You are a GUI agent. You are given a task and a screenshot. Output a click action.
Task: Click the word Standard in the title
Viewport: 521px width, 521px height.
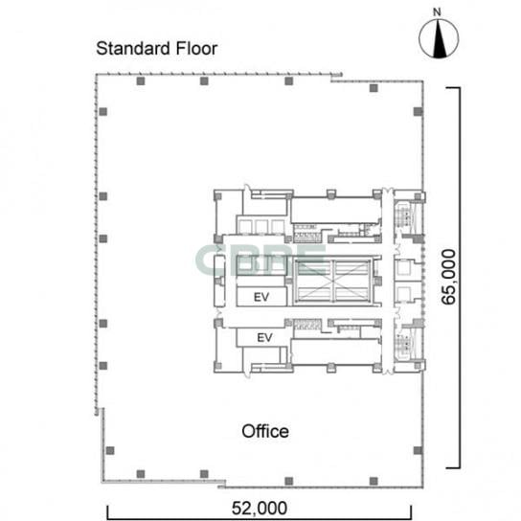tap(133, 49)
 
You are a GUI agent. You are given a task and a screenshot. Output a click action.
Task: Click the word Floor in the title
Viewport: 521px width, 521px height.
tap(196, 49)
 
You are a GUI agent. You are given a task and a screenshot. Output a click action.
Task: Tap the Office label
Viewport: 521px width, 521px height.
tap(265, 431)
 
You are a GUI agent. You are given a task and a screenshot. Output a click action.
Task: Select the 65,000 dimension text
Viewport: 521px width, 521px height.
tap(448, 277)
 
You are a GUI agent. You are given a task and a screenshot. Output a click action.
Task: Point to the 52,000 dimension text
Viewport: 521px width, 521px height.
tap(260, 508)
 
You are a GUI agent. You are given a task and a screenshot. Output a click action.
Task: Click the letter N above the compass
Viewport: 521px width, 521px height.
tap(437, 12)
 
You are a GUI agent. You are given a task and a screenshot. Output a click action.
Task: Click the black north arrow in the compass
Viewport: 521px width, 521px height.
tap(440, 38)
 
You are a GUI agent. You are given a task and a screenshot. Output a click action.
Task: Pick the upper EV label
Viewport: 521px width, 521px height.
tap(261, 297)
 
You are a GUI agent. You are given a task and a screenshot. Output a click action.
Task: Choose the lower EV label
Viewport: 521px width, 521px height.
tap(265, 337)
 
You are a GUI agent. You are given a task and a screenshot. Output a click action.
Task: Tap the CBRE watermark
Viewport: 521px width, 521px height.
tap(260, 260)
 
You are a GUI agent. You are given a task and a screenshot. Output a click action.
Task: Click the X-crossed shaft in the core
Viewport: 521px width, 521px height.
tap(333, 281)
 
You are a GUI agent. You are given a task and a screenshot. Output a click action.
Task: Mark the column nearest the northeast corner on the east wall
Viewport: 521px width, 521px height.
tap(418, 112)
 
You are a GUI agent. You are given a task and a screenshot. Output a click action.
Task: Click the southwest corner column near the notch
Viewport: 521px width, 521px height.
tap(110, 450)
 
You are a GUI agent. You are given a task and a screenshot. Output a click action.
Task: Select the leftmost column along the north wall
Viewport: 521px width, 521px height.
tap(141, 81)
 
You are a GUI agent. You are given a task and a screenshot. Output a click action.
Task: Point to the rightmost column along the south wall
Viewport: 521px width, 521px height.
tap(374, 481)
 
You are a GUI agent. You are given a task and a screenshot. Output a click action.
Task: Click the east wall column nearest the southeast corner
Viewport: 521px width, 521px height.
tap(418, 450)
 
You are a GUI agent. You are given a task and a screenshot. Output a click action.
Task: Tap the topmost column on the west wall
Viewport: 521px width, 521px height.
tap(103, 112)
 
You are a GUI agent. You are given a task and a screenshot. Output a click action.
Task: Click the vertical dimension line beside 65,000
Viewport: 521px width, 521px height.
tap(460, 278)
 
